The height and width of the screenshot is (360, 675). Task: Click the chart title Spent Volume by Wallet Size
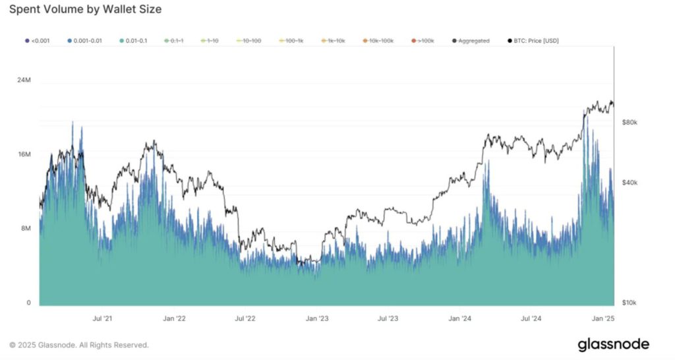pos(85,10)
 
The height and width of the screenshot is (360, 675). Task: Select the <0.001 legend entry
pos(36,41)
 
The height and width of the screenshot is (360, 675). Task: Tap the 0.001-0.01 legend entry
pos(86,41)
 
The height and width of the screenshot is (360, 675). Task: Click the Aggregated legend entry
pos(471,41)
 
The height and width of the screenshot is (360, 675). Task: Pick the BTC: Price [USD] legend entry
pos(534,41)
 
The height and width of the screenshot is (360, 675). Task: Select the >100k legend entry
pos(422,41)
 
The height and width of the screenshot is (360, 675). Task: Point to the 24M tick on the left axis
pos(24,80)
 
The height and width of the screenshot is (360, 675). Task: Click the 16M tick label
pos(24,154)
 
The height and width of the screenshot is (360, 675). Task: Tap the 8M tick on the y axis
pos(25,229)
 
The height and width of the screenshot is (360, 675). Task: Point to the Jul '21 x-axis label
pos(102,318)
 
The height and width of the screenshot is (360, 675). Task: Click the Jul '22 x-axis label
pos(245,318)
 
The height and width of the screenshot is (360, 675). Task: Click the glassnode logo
pos(613,344)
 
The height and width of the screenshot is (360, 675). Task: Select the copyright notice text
pos(79,345)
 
